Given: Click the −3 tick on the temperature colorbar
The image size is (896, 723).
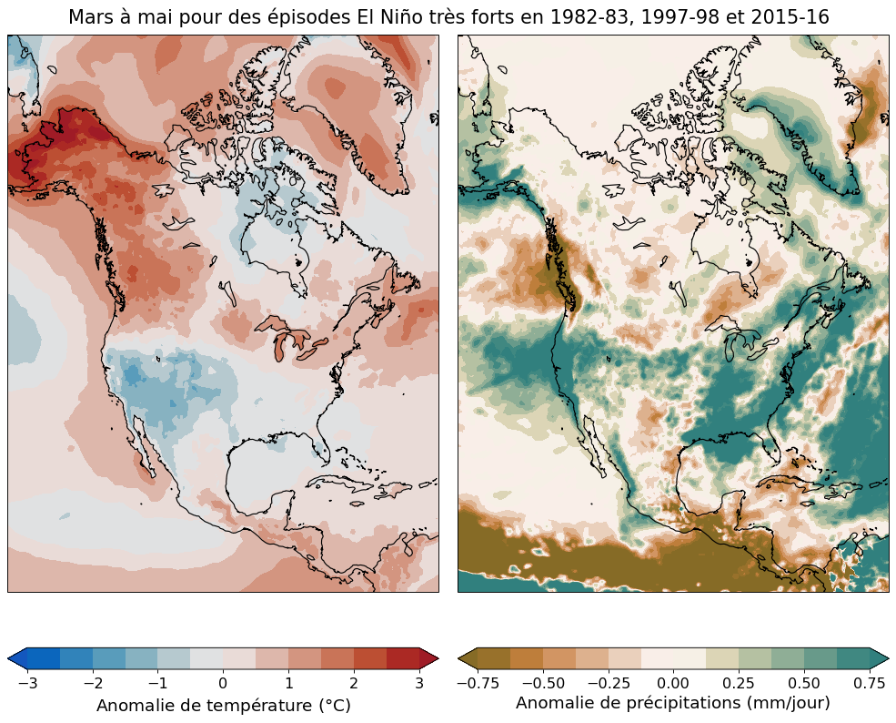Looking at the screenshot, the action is coord(27,682).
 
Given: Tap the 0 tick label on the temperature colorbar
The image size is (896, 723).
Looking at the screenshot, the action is coord(223,682).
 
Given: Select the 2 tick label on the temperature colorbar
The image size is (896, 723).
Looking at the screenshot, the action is coord(354,682).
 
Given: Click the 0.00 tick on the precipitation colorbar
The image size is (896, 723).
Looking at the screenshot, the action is coord(673,682).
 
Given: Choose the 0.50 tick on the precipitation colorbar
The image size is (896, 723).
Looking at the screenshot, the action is coord(804,682).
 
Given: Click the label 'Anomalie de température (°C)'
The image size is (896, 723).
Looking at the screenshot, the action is coord(224,706).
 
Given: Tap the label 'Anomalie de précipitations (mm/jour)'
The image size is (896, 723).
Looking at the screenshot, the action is coord(673,702).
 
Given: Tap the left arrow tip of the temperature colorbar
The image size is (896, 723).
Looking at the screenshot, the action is coord(9,658).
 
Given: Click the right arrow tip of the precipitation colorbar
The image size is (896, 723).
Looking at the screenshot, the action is coord(888,658).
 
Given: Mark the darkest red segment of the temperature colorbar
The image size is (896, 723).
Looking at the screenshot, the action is coord(403,658).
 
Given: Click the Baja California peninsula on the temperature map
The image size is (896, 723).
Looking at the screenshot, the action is coord(143,443).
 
